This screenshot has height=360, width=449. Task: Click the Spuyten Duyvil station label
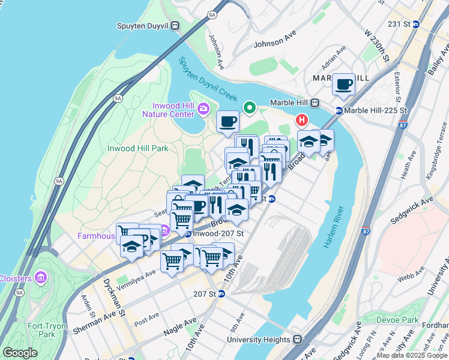tap(144, 26)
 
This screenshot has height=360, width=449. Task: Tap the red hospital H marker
tap(302, 121)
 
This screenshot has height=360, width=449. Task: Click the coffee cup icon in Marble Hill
tap(344, 85)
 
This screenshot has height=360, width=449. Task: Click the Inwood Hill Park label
tap(137, 148)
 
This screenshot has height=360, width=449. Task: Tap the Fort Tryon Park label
tap(41, 329)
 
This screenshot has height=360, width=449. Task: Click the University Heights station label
tap(259, 340)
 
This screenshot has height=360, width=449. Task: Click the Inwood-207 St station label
tap(218, 233)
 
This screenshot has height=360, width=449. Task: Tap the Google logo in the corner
tap(20, 353)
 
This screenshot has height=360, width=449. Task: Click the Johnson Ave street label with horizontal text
tap(275, 43)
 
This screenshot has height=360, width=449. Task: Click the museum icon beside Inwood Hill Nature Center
tap(203, 109)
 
